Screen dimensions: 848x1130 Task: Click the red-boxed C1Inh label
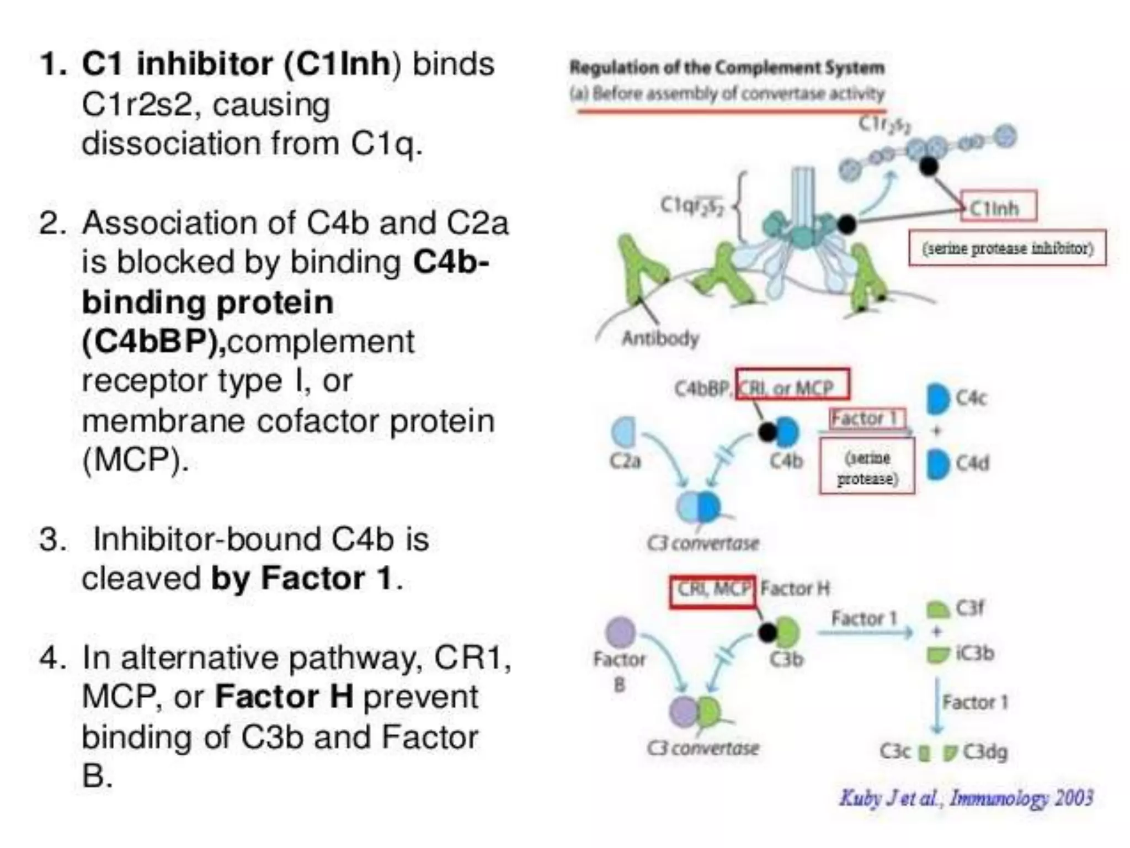(x=998, y=207)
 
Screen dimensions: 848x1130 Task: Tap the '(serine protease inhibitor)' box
(x=1007, y=248)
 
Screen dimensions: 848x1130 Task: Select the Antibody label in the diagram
(x=660, y=338)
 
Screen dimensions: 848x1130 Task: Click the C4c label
(x=971, y=397)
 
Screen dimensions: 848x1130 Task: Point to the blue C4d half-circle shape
(x=937, y=464)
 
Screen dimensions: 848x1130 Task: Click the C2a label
(x=625, y=460)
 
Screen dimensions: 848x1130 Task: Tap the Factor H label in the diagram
(x=795, y=589)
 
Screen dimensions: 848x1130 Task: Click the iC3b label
(x=975, y=653)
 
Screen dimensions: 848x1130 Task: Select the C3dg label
(x=985, y=751)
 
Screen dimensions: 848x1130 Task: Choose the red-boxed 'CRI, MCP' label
(x=713, y=590)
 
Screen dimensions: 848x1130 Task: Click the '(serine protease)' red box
(x=867, y=467)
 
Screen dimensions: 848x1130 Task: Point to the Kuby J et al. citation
(x=966, y=798)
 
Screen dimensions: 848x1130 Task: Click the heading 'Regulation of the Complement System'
(x=727, y=68)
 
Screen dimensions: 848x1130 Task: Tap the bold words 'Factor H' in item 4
(x=284, y=697)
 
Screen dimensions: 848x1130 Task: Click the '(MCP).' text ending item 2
(x=136, y=460)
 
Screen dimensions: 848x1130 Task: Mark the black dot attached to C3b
(x=767, y=633)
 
